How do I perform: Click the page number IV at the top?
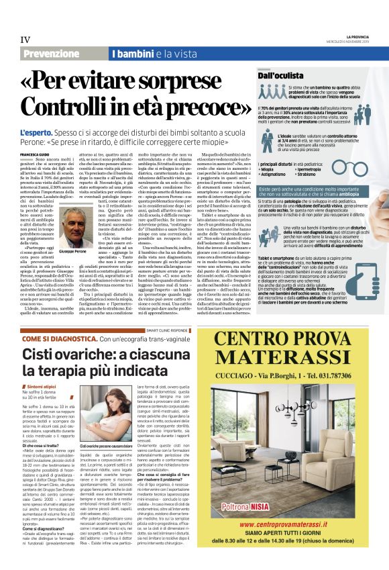(26, 40)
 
